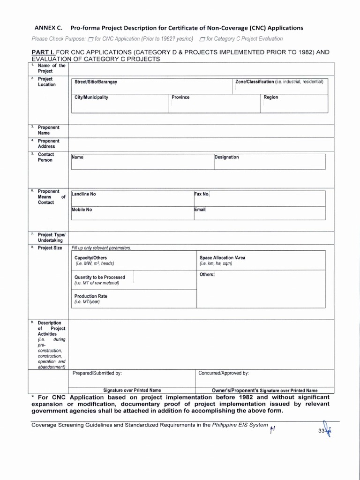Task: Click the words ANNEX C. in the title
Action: pos(47,28)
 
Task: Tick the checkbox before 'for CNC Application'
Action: pos(90,39)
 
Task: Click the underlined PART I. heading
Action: pos(43,52)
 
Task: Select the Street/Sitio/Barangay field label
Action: pos(96,82)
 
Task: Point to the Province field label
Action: pos(180,97)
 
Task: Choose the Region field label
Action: pos(270,97)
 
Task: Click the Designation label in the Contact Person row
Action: pos(227,157)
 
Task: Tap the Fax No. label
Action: pos(202,194)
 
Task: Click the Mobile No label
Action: pos(82,210)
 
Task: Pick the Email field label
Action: pos(200,210)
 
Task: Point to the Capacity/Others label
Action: pos(90,258)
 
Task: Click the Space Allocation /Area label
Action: pos(222,258)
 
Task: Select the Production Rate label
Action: pos(90,296)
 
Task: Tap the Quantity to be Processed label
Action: pos(99,277)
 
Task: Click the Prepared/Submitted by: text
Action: pos(97,374)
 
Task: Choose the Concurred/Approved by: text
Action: pos(223,374)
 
